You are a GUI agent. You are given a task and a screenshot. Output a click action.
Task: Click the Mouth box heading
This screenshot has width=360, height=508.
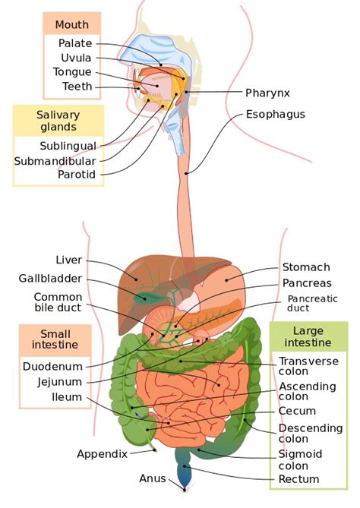71,24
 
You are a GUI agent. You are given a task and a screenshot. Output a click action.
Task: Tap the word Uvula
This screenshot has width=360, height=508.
76,58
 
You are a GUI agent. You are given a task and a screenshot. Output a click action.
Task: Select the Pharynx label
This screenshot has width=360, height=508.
267,93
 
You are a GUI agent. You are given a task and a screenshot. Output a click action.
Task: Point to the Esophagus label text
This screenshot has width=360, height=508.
276,115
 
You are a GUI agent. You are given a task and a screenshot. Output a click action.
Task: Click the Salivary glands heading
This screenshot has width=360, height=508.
58,121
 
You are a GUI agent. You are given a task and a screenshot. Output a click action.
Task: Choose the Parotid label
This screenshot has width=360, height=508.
77,175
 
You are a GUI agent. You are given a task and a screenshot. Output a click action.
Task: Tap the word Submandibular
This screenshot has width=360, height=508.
55,161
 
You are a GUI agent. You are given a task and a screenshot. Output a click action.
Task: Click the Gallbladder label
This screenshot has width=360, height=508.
50,279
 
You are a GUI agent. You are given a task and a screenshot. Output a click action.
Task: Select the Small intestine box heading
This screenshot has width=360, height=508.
55,339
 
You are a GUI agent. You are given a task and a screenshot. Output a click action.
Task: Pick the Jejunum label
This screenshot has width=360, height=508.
60,382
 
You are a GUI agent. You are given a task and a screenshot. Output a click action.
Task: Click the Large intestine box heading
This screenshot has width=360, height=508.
308,336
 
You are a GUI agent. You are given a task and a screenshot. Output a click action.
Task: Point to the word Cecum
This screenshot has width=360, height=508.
297,411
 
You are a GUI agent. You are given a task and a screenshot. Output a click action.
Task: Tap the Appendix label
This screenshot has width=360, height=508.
102,454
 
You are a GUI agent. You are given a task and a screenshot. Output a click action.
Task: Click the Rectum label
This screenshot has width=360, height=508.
298,479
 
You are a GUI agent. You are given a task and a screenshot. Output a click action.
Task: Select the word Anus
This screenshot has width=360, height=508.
153,478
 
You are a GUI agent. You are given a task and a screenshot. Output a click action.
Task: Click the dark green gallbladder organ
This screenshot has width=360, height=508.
145,298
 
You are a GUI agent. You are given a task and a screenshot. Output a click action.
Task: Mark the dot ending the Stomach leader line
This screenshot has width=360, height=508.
226,280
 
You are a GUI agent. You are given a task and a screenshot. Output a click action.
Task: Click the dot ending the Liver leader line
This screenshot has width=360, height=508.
136,279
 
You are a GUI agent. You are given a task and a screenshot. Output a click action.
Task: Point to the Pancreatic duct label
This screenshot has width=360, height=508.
312,303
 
